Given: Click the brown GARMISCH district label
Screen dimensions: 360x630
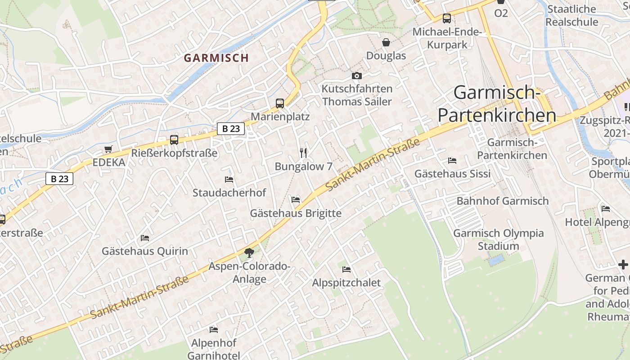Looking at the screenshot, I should click(x=216, y=58).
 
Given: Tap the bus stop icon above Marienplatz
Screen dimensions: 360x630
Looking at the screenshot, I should click(x=280, y=103).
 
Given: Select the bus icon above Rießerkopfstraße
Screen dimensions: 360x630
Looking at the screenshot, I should click(x=174, y=140).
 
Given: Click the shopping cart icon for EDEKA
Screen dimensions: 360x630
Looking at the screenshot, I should click(x=108, y=149).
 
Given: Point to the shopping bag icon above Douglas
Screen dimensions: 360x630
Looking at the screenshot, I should click(x=386, y=43).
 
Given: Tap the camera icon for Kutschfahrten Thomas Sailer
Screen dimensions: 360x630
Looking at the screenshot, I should click(x=357, y=76).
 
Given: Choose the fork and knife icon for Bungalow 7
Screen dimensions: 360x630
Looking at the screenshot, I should click(x=303, y=153).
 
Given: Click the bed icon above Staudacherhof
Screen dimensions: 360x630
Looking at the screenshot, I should click(x=229, y=180).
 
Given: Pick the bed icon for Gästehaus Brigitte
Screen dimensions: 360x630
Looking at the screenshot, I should click(x=296, y=199).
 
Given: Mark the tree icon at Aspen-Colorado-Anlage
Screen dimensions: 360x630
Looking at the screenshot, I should click(x=249, y=253).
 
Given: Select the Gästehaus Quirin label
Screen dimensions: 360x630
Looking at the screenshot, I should click(x=145, y=251).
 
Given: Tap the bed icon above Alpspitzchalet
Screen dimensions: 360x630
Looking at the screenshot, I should click(x=346, y=270).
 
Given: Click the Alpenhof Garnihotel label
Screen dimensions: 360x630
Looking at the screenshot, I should click(x=214, y=349).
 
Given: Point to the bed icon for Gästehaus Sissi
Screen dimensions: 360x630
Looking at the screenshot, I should click(x=452, y=161).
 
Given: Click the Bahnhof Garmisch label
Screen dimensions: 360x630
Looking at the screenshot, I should click(x=503, y=201).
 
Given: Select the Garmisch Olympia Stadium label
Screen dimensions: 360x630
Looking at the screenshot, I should click(x=499, y=239).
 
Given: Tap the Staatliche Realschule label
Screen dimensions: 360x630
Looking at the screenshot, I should click(x=572, y=15).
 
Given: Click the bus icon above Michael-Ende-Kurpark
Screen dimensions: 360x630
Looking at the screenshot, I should click(x=447, y=18).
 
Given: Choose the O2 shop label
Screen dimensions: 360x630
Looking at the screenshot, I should click(x=501, y=13).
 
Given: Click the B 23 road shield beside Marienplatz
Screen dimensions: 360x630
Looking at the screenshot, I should click(x=231, y=129).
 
